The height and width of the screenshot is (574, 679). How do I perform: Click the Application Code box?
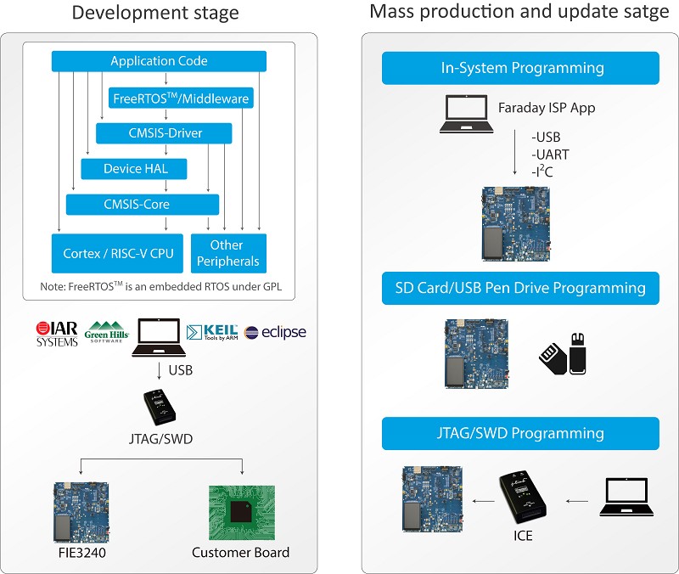coord(159,61)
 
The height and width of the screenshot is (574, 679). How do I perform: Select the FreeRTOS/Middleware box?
coord(181,98)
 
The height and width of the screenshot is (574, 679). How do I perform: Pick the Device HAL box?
coord(135,169)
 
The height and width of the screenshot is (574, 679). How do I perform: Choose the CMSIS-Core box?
coord(143,205)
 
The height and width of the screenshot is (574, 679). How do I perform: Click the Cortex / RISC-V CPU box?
coord(117,253)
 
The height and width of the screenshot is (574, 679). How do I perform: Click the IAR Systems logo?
coord(57,333)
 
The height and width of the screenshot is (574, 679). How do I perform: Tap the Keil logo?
coord(211,332)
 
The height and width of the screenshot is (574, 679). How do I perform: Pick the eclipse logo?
coord(275,332)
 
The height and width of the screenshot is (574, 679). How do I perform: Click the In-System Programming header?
coord(520,68)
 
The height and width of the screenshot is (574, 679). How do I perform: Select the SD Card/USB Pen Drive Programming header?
coord(520,288)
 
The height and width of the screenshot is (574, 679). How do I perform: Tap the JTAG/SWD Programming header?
coord(520,433)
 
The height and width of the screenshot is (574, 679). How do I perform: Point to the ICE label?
coord(524,536)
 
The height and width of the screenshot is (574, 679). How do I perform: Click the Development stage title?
coord(155,14)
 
